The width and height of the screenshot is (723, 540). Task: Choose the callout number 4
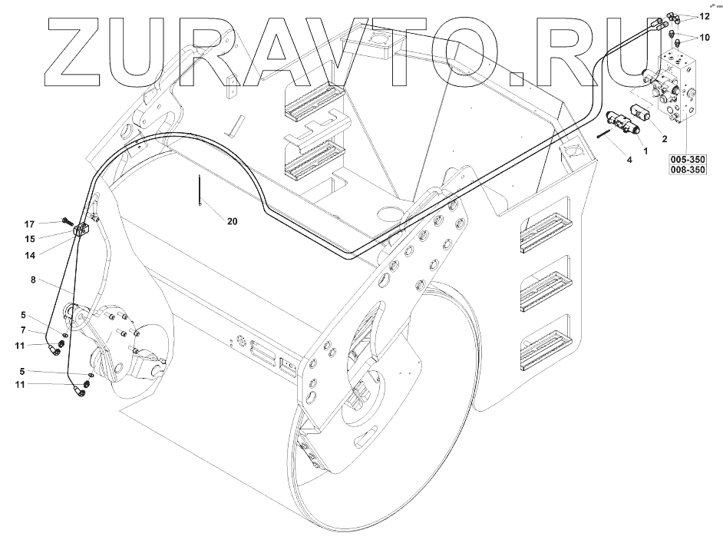click(629, 160)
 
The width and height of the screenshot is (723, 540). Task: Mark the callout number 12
click(705, 16)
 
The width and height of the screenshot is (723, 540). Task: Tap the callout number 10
click(705, 36)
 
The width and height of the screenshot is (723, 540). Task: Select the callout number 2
click(664, 138)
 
